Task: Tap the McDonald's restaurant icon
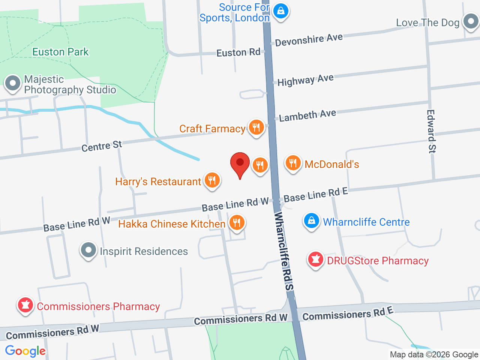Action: click(x=293, y=163)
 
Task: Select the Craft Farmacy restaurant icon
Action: click(x=256, y=128)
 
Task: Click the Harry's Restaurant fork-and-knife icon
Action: click(x=212, y=180)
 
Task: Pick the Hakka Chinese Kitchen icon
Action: click(x=236, y=223)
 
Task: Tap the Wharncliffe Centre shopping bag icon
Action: click(x=311, y=221)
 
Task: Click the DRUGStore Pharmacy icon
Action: click(x=315, y=259)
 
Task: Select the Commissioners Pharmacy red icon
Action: click(x=25, y=305)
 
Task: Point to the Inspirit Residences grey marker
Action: click(x=88, y=250)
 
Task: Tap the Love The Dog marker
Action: click(x=471, y=22)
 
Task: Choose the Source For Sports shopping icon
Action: click(x=280, y=11)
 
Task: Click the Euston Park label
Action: click(x=60, y=52)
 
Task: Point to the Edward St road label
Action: click(x=431, y=131)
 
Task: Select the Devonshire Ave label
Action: click(x=309, y=39)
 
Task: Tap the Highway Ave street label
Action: click(x=305, y=80)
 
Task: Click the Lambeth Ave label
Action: click(x=307, y=115)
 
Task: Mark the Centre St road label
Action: click(x=102, y=146)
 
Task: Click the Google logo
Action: click(x=25, y=351)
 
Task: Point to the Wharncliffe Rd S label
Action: click(x=283, y=251)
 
